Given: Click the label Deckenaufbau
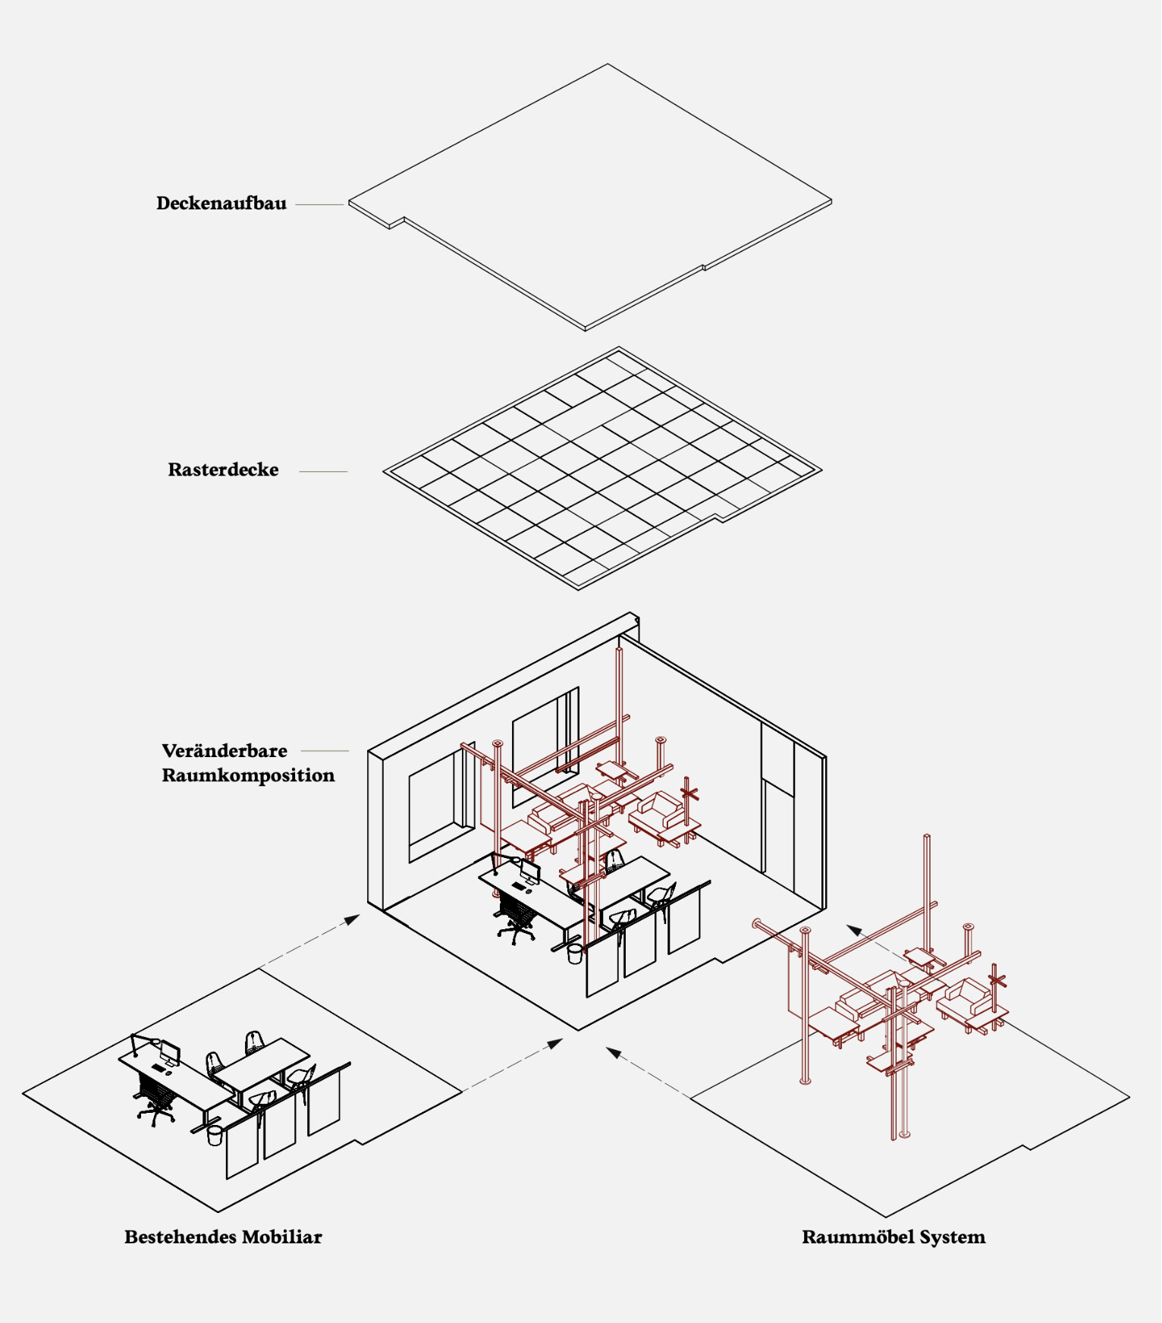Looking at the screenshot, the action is [221, 203].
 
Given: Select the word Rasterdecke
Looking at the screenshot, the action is [223, 470].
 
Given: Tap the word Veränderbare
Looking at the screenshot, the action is [225, 750].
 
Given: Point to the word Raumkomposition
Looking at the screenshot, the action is [248, 775].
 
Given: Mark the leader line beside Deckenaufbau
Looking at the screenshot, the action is [319, 204].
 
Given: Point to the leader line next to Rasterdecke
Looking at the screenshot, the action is [323, 471].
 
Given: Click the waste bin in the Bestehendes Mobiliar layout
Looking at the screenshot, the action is [215, 1135].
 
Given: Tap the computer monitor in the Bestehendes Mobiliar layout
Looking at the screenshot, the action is [170, 1052].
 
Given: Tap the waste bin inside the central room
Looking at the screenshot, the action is [575, 954].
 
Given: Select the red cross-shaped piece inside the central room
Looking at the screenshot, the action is [689, 794].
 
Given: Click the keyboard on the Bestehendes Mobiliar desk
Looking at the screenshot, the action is [159, 1068].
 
